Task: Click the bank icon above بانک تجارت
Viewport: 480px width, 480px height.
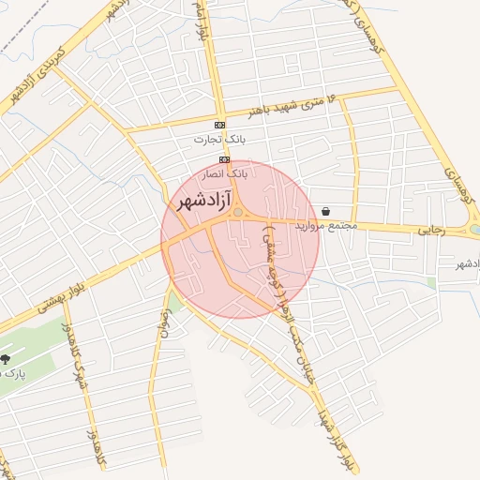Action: tap(219, 125)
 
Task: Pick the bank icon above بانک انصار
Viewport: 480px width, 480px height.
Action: tap(225, 159)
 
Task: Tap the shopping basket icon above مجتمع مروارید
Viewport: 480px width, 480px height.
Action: tap(325, 212)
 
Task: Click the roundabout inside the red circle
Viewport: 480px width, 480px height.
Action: tap(239, 214)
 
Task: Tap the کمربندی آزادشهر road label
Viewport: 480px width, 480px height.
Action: tap(35, 72)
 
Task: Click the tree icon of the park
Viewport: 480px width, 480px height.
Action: tap(6, 359)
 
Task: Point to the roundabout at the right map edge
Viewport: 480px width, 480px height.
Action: tap(475, 229)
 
